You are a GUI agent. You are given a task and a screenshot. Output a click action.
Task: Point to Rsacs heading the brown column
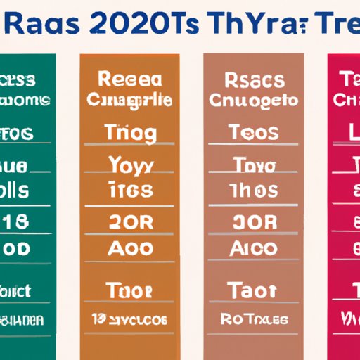click(x=254, y=79)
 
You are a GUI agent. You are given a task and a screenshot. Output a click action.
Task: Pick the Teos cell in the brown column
click(x=254, y=131)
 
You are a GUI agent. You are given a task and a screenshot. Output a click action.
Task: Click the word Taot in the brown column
click(x=254, y=290)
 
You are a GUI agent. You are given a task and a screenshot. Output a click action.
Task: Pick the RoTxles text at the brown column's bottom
click(x=254, y=319)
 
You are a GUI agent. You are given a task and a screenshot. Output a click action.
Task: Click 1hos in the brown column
click(x=254, y=190)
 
